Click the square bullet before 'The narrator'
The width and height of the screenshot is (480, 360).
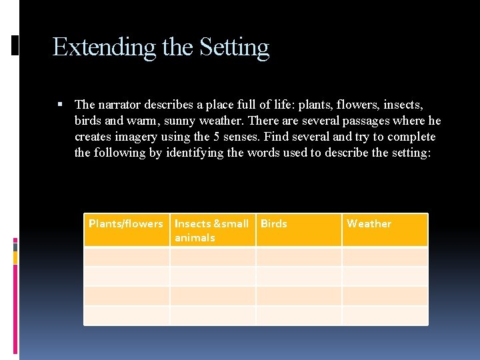point(61,105)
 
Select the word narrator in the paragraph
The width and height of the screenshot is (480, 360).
point(121,105)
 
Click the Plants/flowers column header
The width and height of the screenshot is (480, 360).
point(125,224)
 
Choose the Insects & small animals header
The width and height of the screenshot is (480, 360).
point(211,230)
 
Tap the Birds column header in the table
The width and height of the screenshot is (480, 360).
point(274,224)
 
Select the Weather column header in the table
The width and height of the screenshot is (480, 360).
point(369,224)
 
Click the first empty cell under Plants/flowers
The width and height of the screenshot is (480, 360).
point(127,257)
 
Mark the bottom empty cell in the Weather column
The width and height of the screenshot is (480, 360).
point(385,315)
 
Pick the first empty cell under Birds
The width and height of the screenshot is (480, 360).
point(299,257)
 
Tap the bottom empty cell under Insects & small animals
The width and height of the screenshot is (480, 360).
point(213,315)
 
